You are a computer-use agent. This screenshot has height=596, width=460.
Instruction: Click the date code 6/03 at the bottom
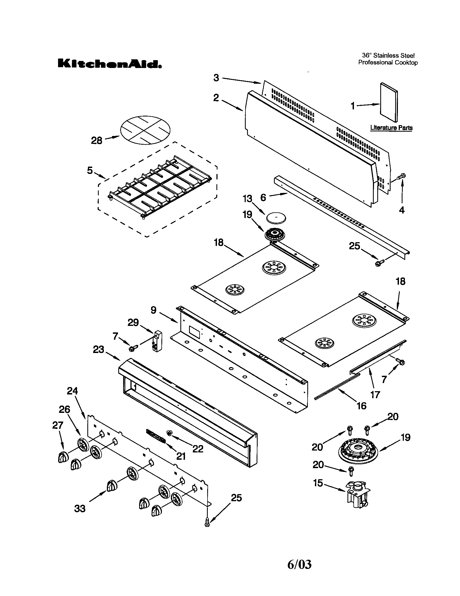pos(299,564)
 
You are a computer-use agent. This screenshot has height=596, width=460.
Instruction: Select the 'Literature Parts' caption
pos(391,127)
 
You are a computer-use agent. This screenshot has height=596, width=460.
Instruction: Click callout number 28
pos(96,141)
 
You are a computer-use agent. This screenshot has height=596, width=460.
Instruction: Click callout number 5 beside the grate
pos(90,171)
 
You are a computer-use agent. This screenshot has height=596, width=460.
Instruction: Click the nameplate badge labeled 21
pos(156,436)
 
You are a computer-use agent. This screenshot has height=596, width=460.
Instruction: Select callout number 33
pos(80,508)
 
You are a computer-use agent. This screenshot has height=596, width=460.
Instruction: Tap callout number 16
pos(361,406)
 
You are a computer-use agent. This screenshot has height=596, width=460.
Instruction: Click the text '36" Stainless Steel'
pos(388,56)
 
